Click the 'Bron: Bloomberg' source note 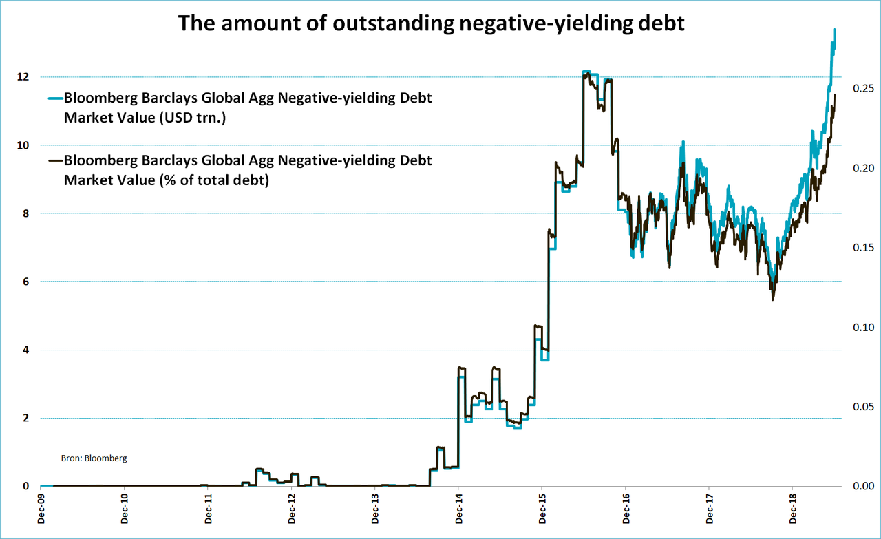click(95, 458)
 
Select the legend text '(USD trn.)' click(193, 118)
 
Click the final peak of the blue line click(834, 30)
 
